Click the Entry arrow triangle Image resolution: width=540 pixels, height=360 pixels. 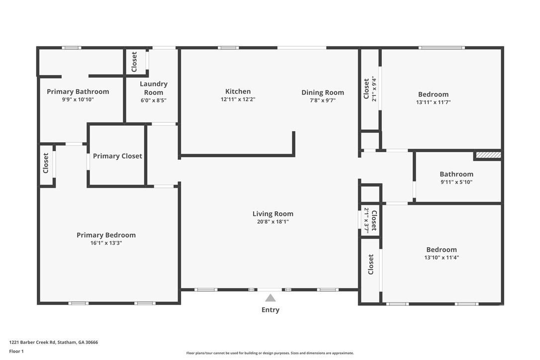point(270,298)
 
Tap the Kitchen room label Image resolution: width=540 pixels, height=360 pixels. point(238,91)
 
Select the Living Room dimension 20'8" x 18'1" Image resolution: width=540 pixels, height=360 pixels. point(273,221)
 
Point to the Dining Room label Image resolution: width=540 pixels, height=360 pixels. point(323,92)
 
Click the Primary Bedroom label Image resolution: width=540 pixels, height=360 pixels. point(106,235)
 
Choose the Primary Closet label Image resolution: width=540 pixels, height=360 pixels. point(117,156)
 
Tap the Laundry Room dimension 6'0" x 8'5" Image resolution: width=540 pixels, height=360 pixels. point(154,100)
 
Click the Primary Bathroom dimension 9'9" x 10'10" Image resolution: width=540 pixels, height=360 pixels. point(78,99)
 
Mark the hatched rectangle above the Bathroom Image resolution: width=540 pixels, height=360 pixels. point(488,155)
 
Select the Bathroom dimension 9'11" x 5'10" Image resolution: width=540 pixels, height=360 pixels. point(456,182)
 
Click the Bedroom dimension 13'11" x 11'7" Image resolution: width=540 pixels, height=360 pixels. point(433,102)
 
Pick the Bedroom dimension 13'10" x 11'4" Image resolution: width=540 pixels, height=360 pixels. point(442,258)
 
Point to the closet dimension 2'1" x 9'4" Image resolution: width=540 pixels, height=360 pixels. point(374,89)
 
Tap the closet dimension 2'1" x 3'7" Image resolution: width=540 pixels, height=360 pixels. point(366,220)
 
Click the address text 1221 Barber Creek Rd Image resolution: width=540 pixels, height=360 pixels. point(32,343)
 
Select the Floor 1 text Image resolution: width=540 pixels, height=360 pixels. point(16,352)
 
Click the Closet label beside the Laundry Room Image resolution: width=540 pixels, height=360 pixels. point(134,62)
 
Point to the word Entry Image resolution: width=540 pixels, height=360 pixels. point(270,310)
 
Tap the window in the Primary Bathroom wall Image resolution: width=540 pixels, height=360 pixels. point(72,48)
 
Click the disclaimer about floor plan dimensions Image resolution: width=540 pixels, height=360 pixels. point(270,353)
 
